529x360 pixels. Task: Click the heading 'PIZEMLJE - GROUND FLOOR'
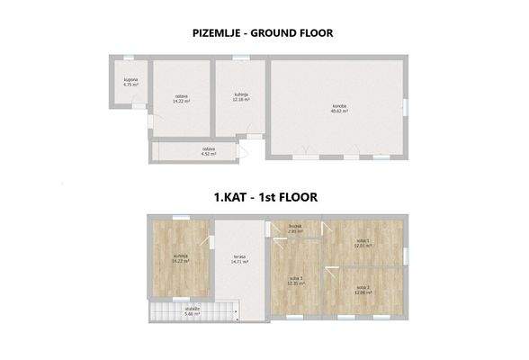(264, 33)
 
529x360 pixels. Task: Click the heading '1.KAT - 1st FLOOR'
(264, 194)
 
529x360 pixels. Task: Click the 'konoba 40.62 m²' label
(338, 108)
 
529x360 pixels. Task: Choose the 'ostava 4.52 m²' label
(209, 152)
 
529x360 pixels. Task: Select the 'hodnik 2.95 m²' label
(296, 229)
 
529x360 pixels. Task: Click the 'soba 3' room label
(296, 281)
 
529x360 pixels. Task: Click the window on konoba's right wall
(405, 107)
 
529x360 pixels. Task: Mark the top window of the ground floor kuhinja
(240, 58)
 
